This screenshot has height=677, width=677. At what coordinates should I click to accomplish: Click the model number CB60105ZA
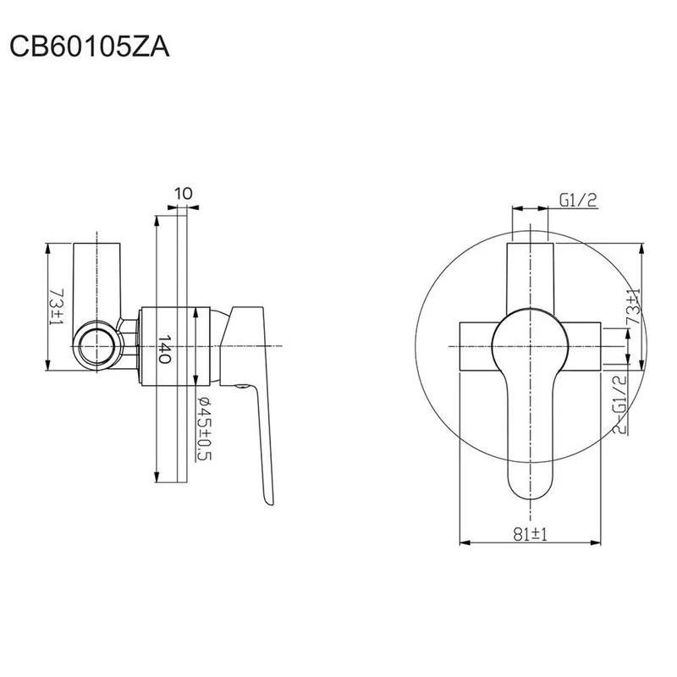click(90, 47)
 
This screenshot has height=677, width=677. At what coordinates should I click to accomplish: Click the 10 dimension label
click(184, 194)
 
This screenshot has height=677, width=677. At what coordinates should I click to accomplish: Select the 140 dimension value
click(164, 349)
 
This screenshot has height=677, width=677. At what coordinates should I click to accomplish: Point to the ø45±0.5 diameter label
click(204, 429)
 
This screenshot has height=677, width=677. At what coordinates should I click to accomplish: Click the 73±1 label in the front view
click(633, 306)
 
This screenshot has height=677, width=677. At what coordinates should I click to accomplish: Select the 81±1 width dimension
click(530, 535)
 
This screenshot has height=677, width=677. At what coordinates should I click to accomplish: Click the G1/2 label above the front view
click(578, 200)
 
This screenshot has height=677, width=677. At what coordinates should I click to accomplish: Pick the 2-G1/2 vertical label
click(619, 405)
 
